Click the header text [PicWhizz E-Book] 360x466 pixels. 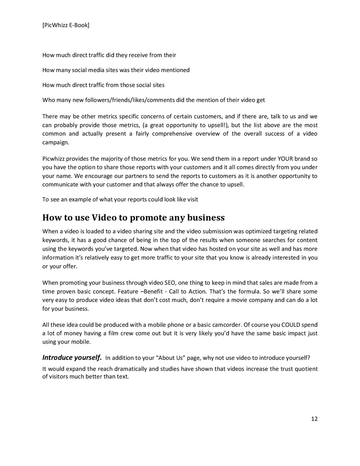[x=66, y=25]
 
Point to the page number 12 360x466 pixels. [x=314, y=419]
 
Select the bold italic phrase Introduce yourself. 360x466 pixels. [x=72, y=358]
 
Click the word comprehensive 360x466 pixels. [x=172, y=134]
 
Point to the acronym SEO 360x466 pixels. [x=170, y=283]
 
